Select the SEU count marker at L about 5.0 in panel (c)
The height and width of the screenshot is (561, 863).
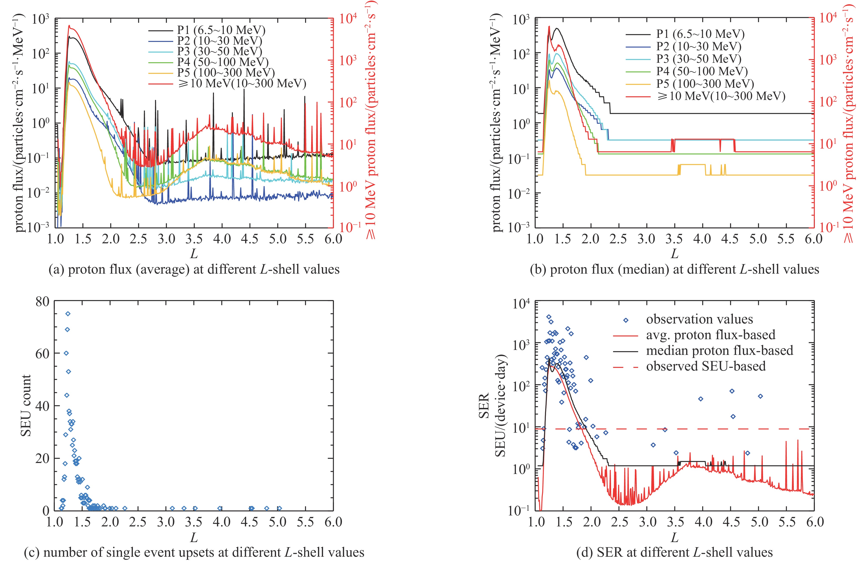(x=279, y=508)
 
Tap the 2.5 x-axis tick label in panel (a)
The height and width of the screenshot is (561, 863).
(x=139, y=239)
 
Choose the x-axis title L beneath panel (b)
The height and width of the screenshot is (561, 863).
(x=675, y=253)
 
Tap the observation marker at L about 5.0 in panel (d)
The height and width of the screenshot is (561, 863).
(x=760, y=396)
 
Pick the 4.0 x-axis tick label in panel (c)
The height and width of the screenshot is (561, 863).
(x=222, y=522)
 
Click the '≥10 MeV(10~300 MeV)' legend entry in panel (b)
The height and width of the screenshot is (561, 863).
(x=721, y=96)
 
